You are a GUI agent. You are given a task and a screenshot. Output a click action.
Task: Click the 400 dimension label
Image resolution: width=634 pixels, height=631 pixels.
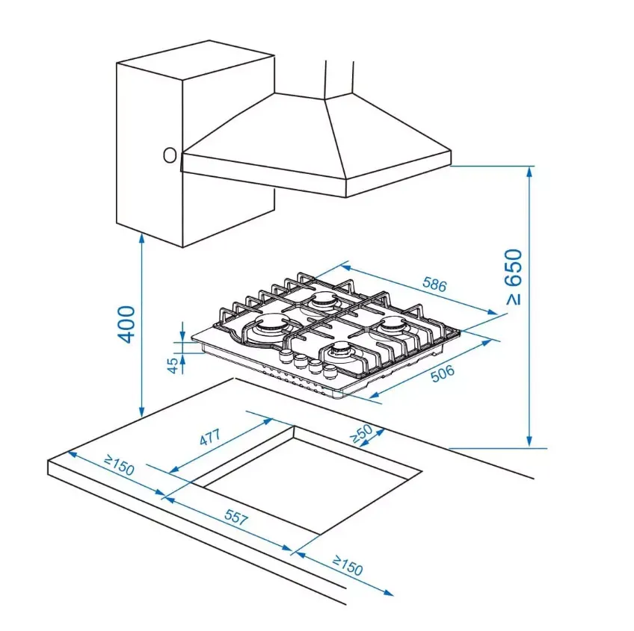[126, 324]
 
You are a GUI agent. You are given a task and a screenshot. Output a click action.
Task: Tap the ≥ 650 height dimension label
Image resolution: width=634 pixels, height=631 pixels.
[514, 277]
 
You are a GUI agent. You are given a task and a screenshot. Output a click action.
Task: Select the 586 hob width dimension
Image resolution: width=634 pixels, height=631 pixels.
[434, 285]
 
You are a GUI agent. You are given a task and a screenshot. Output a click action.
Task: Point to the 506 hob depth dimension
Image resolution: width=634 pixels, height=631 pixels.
[443, 373]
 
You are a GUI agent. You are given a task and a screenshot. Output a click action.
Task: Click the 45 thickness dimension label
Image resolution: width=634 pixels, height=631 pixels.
[173, 365]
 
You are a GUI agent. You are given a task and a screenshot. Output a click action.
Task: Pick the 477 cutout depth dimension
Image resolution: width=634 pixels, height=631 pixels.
[210, 437]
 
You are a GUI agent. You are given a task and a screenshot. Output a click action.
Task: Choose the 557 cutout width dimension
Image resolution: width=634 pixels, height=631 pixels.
[236, 517]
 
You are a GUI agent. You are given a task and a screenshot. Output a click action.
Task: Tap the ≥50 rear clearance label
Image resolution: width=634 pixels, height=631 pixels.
[361, 433]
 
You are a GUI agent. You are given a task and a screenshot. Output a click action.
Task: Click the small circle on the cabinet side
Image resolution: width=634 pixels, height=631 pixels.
[170, 155]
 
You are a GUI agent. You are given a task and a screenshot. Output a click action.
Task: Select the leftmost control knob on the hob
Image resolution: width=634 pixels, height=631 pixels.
[286, 356]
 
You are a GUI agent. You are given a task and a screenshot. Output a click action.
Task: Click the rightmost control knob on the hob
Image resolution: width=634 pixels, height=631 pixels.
[330, 371]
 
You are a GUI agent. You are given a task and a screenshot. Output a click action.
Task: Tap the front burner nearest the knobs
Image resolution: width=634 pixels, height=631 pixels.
[339, 349]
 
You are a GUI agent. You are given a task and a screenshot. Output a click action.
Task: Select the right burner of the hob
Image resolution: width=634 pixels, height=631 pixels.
[393, 324]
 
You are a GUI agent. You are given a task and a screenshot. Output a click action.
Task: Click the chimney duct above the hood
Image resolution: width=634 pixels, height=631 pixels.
[339, 80]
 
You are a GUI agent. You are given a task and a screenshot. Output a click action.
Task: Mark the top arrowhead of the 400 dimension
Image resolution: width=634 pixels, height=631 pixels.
[141, 237]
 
